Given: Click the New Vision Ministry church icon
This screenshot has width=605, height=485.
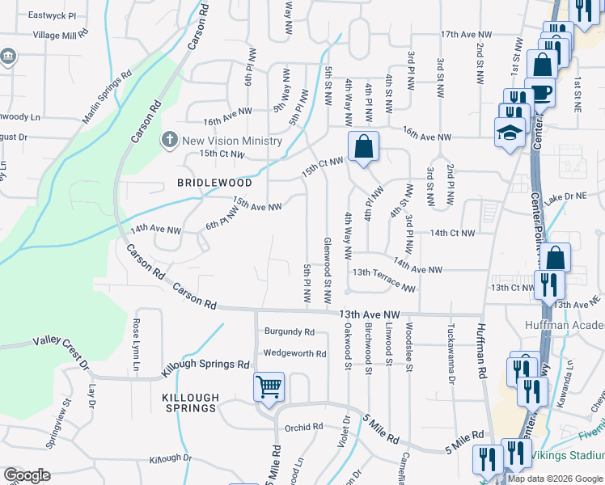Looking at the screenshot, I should [x=170, y=139].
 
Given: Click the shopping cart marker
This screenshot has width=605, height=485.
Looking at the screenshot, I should [x=269, y=386].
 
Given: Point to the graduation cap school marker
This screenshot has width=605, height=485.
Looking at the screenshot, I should [x=510, y=133].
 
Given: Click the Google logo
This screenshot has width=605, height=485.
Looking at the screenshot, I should [x=27, y=475].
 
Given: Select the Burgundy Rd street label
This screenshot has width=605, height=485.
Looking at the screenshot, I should [x=290, y=331].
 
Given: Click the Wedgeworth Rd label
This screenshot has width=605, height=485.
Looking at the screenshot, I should [x=294, y=353].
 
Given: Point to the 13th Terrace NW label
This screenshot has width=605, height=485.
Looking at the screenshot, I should [x=383, y=280].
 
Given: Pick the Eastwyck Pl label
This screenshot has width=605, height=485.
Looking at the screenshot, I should [x=52, y=15].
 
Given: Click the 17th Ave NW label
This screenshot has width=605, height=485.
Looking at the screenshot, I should [x=467, y=35].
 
